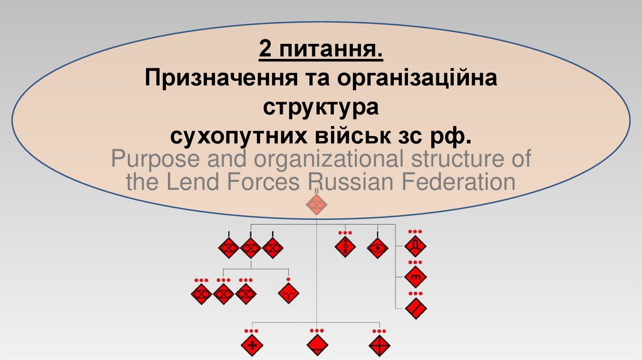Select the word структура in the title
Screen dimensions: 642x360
(321, 107)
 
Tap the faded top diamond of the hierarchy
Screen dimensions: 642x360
(317, 204)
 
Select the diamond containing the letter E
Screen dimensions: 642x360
(415, 276)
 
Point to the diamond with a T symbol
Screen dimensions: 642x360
(288, 293)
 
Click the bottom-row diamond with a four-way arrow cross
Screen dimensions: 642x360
(251, 344)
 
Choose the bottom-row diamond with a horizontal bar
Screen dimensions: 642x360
(317, 344)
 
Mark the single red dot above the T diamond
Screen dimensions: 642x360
(288, 279)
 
